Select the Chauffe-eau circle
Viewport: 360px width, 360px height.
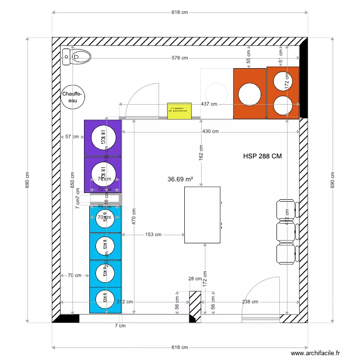tap(72, 97)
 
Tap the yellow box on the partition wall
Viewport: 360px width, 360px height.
tap(179, 110)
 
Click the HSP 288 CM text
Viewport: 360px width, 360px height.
tap(262, 156)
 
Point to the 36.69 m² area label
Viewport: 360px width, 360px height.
tap(180, 179)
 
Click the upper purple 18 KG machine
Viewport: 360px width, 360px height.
tap(103, 138)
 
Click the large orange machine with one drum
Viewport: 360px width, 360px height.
tap(250, 94)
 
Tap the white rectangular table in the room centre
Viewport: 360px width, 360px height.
tap(202, 215)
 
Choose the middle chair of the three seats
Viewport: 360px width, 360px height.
tap(286, 232)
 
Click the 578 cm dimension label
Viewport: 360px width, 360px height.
tap(180, 58)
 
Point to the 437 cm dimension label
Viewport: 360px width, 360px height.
tap(209, 104)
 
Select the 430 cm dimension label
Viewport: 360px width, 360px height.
tap(210, 132)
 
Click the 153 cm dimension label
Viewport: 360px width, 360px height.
tap(153, 235)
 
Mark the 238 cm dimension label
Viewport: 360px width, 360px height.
tap(250, 302)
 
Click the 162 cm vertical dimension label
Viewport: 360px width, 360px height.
tap(202, 152)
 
